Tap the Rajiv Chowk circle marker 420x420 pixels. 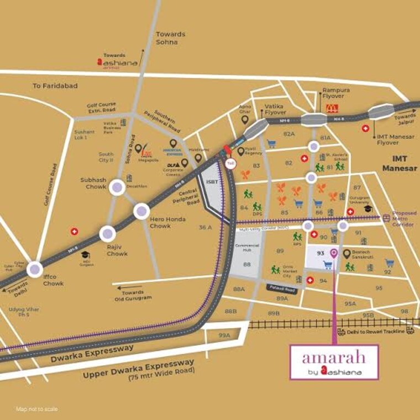[107, 233]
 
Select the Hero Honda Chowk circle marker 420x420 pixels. [141, 211]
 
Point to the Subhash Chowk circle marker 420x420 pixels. [117, 187]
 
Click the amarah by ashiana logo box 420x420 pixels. [334, 362]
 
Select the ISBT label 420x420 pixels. [211, 181]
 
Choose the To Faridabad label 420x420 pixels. [55, 86]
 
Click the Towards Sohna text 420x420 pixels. [170, 38]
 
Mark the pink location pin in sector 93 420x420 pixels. [333, 254]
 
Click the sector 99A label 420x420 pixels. [224, 335]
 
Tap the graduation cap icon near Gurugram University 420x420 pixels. [369, 209]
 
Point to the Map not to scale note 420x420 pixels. [36, 409]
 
